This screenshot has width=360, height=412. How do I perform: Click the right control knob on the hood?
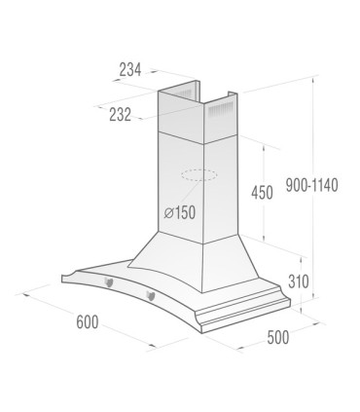coord(150,294)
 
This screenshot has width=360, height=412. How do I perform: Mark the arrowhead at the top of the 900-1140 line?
coord(311,82)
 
